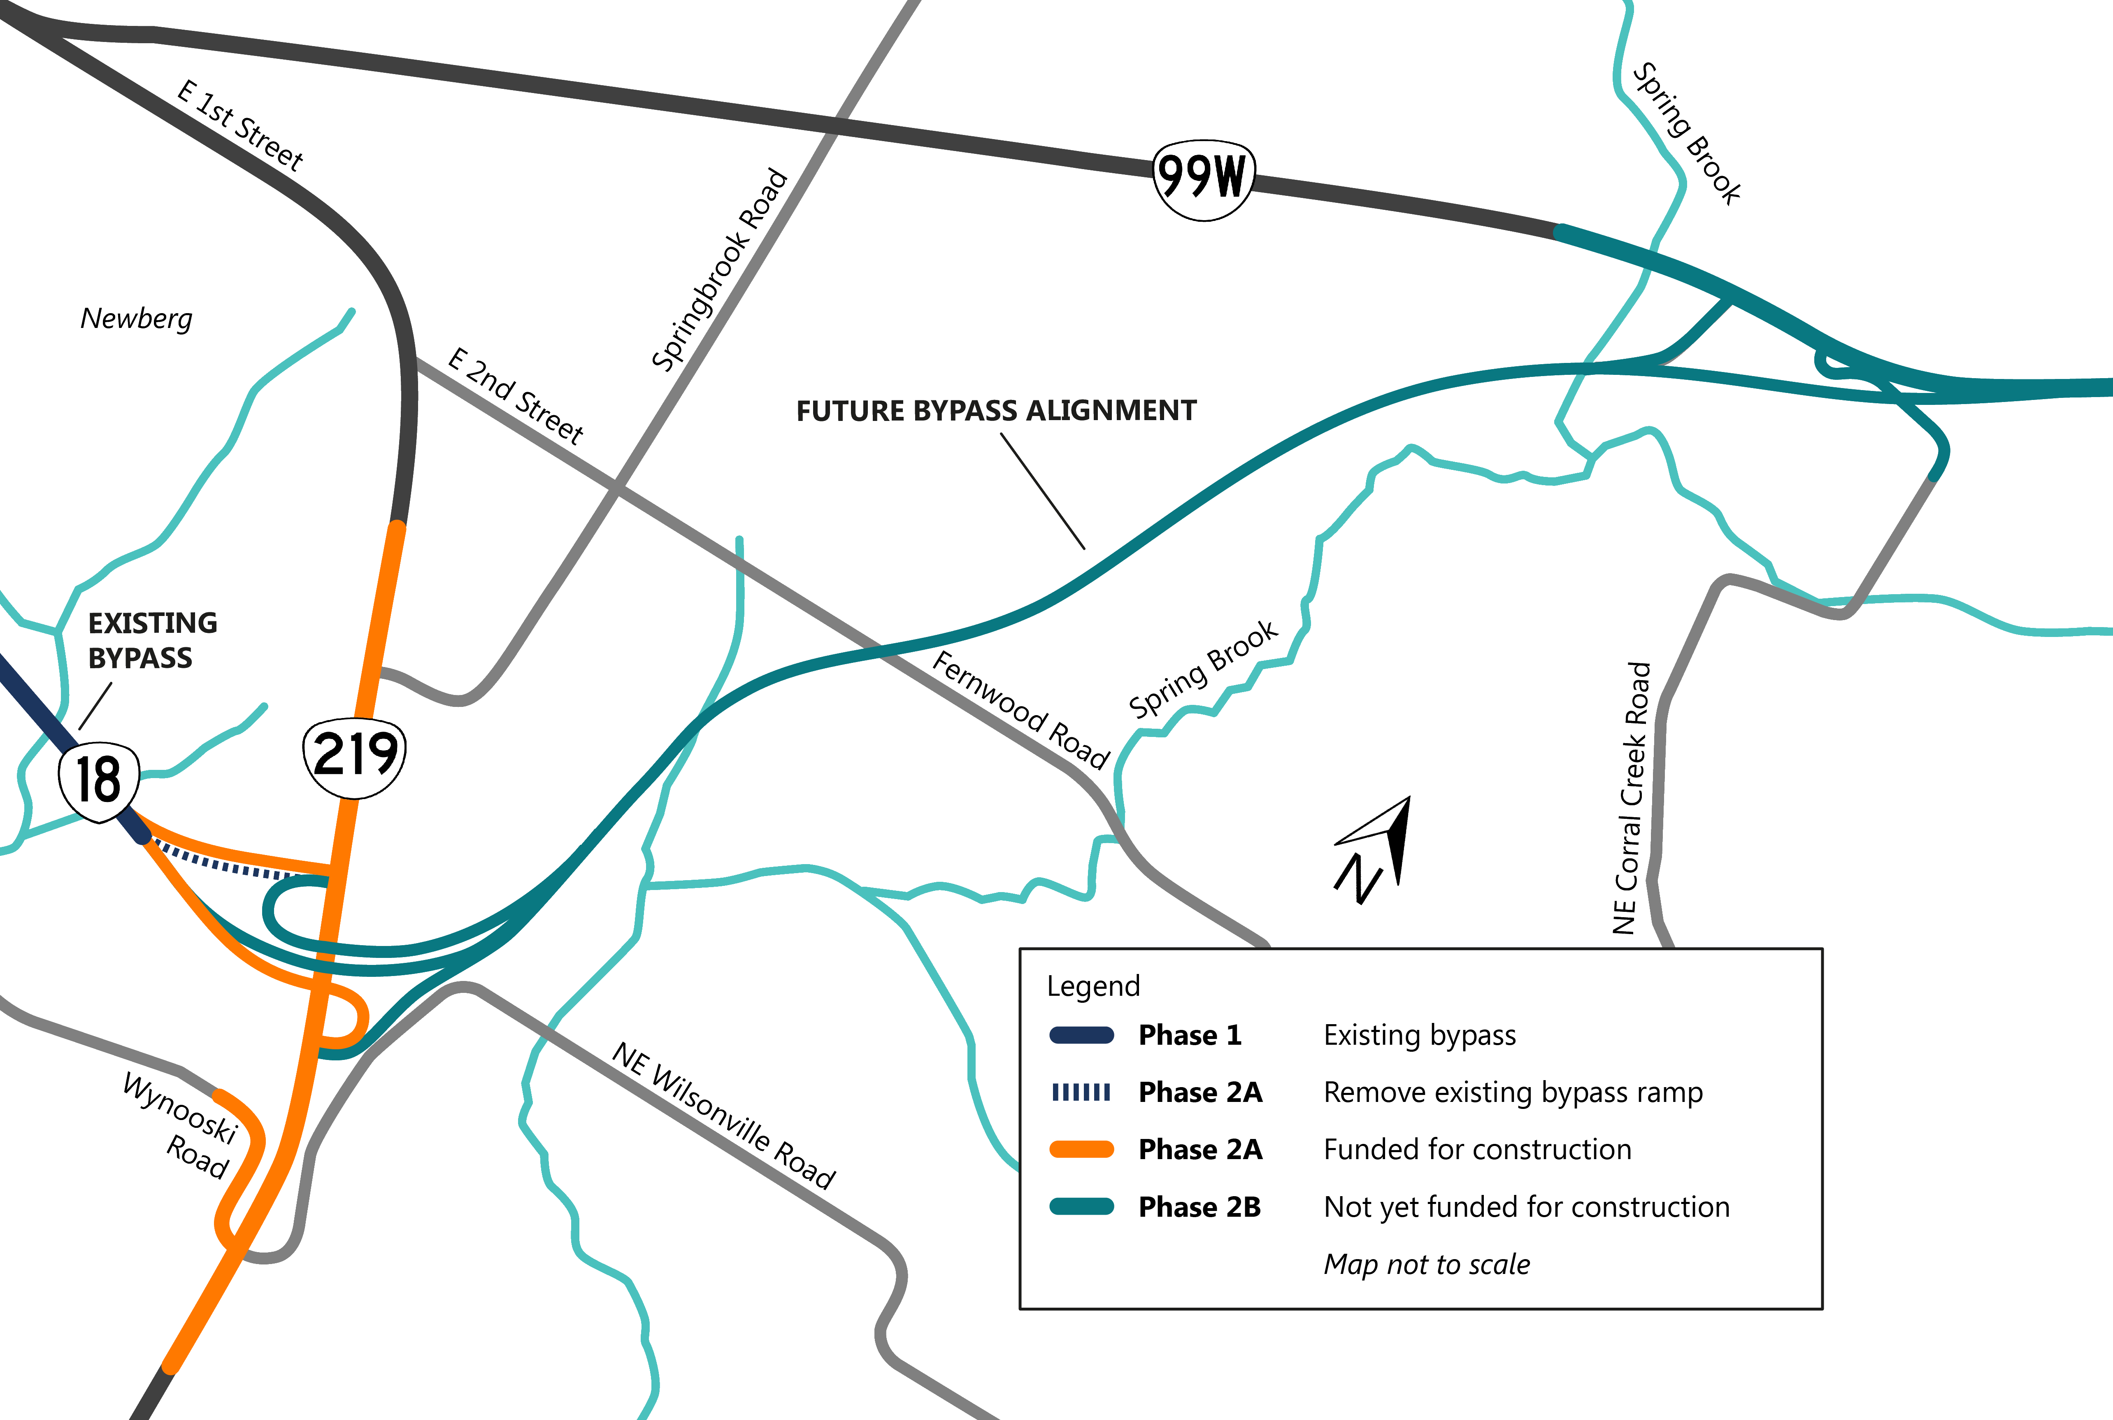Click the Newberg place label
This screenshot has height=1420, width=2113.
click(x=137, y=319)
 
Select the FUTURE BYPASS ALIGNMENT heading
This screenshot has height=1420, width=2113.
click(x=995, y=411)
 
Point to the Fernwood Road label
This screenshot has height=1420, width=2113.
click(x=1021, y=709)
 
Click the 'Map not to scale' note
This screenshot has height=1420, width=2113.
click(x=1427, y=1264)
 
